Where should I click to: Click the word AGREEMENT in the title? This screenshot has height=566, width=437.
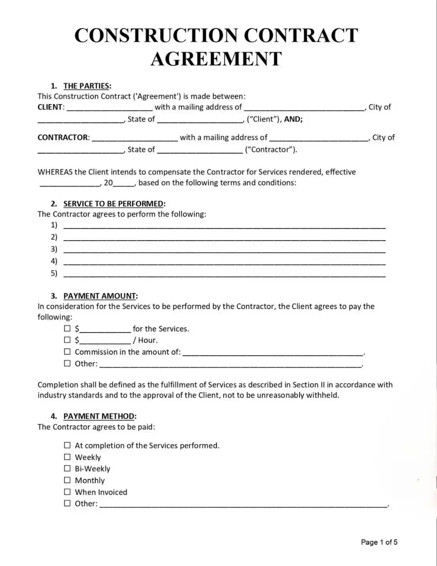click(216, 58)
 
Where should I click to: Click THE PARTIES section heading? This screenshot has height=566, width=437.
click(87, 86)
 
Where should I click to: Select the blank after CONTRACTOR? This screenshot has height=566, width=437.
click(135, 138)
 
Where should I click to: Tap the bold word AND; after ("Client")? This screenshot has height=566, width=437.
click(293, 119)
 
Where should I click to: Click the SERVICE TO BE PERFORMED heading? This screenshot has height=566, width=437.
click(114, 204)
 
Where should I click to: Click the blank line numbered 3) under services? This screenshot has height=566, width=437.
click(224, 250)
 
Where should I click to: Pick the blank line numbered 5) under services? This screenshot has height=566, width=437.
click(224, 274)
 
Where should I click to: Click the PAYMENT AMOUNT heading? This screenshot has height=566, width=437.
click(100, 296)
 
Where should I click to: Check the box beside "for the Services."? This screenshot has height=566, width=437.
click(68, 328)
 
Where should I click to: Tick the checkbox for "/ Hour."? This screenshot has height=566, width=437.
click(68, 340)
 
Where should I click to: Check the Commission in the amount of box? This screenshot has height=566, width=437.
click(68, 352)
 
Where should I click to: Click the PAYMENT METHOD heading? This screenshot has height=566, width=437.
click(99, 416)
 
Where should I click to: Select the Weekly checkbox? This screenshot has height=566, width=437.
click(68, 457)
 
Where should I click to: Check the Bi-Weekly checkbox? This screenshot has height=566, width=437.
click(68, 468)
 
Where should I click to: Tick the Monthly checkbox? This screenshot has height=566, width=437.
click(68, 480)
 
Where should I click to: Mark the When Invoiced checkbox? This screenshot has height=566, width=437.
click(68, 492)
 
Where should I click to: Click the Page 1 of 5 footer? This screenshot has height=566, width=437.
click(379, 542)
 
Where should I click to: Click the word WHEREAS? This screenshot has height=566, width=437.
click(55, 172)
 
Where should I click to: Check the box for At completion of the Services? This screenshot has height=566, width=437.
click(68, 445)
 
